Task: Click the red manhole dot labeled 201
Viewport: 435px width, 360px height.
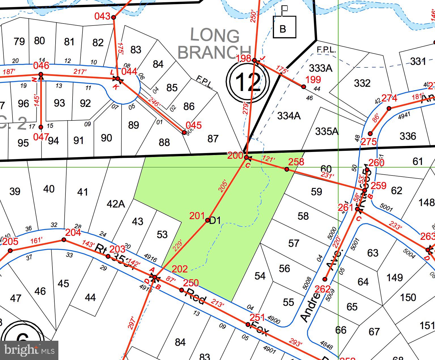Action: pos(207,220)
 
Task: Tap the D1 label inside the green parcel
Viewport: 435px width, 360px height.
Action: pos(215,220)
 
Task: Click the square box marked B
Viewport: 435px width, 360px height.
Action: pos(284,27)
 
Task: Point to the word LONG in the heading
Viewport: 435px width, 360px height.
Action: pos(215,35)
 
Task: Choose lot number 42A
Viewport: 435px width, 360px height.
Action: pos(116,204)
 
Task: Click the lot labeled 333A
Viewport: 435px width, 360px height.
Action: pos(321,68)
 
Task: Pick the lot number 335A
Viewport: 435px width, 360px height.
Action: pos(326,131)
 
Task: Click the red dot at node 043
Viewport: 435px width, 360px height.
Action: pos(114,17)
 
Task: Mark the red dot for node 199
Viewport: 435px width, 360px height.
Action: pos(304,87)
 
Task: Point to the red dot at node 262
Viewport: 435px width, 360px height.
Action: pos(325,279)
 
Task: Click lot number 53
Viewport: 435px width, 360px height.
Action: pos(162,234)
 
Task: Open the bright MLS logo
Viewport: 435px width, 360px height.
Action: pos(29,350)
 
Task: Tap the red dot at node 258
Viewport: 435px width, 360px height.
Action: pos(287,169)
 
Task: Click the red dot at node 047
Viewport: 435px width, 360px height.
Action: pos(41,127)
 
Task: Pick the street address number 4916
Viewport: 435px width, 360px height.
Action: pos(150,258)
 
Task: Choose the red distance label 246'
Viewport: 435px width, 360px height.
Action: pos(154,102)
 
